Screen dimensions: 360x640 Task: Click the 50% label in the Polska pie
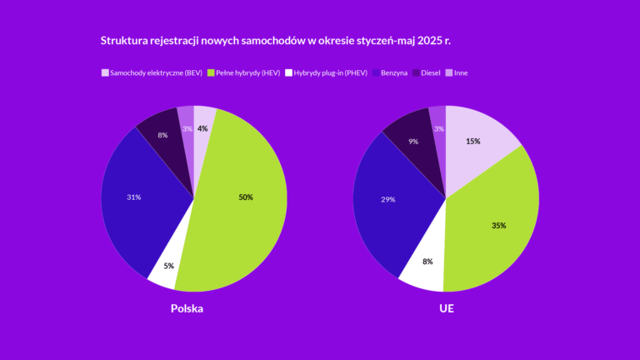click(245, 197)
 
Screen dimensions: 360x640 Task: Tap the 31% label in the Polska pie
click(133, 197)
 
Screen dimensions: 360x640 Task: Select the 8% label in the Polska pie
click(162, 135)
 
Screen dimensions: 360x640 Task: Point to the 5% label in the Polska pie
click(168, 267)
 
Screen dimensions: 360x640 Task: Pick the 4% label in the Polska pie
click(202, 128)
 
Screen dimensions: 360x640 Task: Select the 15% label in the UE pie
click(472, 142)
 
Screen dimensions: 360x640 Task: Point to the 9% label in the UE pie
click(414, 142)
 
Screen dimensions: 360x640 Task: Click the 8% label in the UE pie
click(427, 262)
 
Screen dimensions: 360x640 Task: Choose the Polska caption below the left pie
click(187, 309)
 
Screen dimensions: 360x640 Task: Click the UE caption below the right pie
click(446, 309)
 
